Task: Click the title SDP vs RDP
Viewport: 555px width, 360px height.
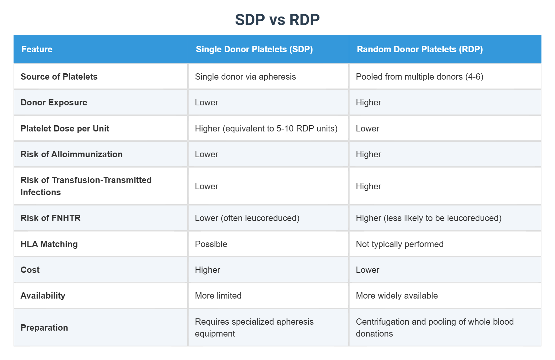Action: point(277,20)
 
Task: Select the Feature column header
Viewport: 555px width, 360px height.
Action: point(37,49)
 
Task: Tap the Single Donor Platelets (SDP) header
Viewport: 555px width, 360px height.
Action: point(254,49)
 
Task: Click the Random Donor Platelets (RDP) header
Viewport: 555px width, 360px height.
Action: point(420,49)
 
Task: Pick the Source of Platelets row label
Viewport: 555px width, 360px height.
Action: point(59,77)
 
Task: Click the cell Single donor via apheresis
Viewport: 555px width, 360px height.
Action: point(245,77)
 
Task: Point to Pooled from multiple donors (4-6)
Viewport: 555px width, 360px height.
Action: point(420,77)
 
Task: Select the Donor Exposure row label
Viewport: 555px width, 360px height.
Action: point(54,102)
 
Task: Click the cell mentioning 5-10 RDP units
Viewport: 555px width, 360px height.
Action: point(266,128)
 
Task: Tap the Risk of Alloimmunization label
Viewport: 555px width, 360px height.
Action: point(71,154)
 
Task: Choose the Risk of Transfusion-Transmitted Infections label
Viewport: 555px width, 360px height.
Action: point(86,186)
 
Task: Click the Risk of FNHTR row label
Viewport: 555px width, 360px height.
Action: point(51,218)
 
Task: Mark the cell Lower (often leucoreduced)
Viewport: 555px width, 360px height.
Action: point(247,218)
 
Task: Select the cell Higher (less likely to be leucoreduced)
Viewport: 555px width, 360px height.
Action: point(428,218)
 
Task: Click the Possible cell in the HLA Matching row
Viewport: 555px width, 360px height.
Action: point(211,244)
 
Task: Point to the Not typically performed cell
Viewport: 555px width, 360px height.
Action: point(399,244)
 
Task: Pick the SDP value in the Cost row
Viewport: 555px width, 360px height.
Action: point(207,270)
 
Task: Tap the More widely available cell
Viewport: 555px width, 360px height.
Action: point(397,296)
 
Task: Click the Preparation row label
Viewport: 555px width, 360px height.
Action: point(44,328)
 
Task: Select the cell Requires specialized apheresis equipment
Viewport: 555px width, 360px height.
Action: point(254,327)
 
